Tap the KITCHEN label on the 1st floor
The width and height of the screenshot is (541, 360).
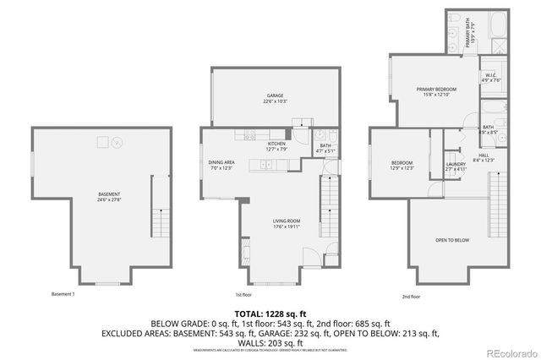[x=276, y=144]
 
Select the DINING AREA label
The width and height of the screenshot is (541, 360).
[x=221, y=162]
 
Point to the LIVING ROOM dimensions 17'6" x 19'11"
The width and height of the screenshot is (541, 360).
[x=275, y=226]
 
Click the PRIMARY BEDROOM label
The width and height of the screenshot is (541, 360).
[x=436, y=89]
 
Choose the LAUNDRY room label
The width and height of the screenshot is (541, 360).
[x=456, y=164]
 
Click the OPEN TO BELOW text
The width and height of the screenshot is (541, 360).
[x=452, y=241]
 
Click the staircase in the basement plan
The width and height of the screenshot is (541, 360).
[x=159, y=222]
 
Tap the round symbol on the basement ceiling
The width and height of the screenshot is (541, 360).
[x=118, y=141]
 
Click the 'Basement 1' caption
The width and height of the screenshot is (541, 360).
[x=63, y=294]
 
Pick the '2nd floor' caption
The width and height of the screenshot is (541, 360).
[x=412, y=296]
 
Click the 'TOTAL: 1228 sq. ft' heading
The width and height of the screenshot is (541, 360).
[x=270, y=313]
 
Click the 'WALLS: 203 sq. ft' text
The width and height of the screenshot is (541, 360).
[x=270, y=343]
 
